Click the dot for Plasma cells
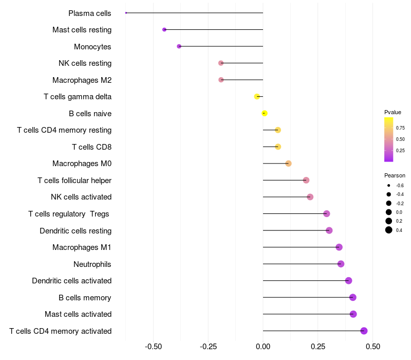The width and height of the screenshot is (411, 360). (126, 13)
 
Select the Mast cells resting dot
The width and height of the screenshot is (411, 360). (164, 30)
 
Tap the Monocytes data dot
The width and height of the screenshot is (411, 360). (179, 46)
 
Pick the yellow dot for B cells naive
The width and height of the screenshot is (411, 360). (265, 113)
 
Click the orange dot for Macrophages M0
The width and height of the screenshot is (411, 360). (288, 164)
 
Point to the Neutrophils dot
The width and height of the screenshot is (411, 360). (341, 264)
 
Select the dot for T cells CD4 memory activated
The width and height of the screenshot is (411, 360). (364, 331)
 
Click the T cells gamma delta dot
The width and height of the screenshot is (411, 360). (257, 97)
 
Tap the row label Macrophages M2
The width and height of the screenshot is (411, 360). (82, 80)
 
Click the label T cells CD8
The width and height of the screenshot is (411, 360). (92, 147)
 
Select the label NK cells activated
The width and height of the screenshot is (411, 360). (81, 197)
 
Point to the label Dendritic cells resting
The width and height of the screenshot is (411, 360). (76, 230)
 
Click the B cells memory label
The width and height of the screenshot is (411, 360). (85, 298)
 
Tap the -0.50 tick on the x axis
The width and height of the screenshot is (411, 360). (153, 347)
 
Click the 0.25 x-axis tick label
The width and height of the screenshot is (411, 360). (318, 347)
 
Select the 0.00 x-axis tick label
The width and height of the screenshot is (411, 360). (263, 347)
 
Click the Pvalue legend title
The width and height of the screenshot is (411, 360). (393, 112)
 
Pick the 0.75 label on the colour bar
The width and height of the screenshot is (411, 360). (400, 128)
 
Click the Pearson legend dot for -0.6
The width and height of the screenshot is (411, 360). (389, 186)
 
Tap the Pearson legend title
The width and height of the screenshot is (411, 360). (395, 175)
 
